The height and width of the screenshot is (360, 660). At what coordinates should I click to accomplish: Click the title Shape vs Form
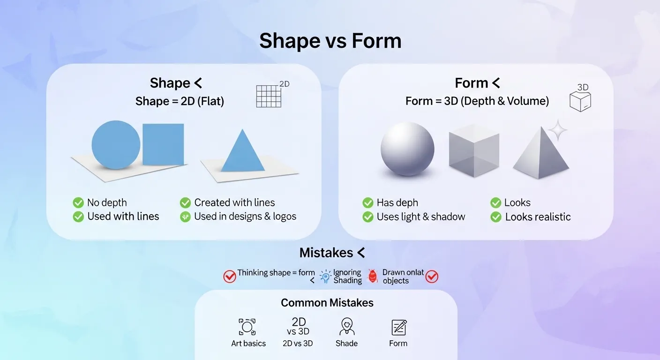click(330, 41)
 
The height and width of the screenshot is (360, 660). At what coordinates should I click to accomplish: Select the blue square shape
click(163, 144)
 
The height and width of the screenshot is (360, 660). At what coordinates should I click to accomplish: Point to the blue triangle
click(242, 152)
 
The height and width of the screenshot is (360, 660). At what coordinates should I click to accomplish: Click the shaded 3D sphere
click(407, 149)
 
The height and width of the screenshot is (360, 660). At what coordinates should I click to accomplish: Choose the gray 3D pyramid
click(541, 155)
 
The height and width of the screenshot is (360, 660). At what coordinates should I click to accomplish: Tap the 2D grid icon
click(269, 97)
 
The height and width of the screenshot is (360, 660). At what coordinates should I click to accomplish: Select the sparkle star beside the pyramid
click(557, 130)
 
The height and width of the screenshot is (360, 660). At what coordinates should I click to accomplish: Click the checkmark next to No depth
click(78, 202)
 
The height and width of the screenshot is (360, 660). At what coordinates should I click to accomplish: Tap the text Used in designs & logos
click(245, 217)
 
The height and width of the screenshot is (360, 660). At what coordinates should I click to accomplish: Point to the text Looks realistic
click(538, 217)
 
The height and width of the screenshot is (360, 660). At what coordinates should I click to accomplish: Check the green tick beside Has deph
click(368, 203)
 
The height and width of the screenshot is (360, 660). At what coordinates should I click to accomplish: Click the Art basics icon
click(247, 327)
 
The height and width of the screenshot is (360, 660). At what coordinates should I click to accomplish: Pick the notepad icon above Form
click(398, 327)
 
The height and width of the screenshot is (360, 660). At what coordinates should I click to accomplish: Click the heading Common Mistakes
click(327, 303)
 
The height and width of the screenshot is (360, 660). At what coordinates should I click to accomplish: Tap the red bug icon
click(373, 276)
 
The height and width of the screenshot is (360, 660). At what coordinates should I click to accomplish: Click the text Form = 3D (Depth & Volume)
click(477, 101)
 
